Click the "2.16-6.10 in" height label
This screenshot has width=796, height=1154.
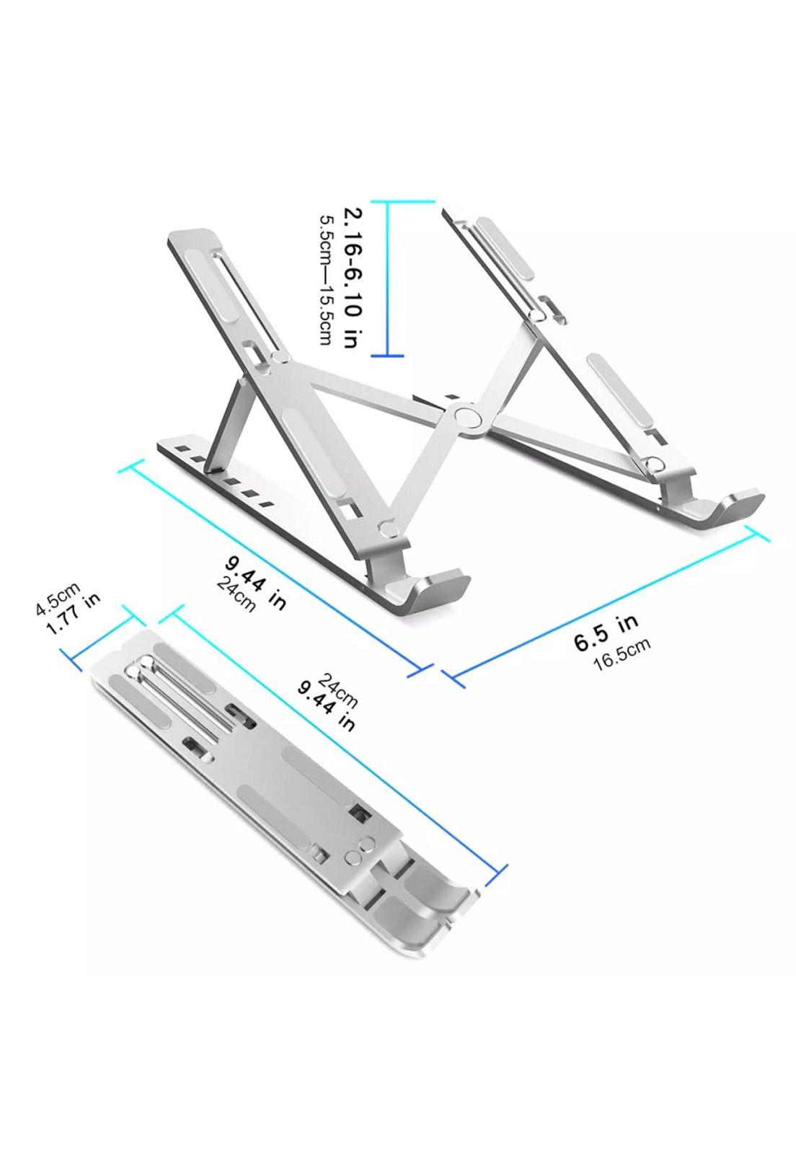tap(350, 278)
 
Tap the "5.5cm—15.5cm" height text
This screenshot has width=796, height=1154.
tap(327, 278)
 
